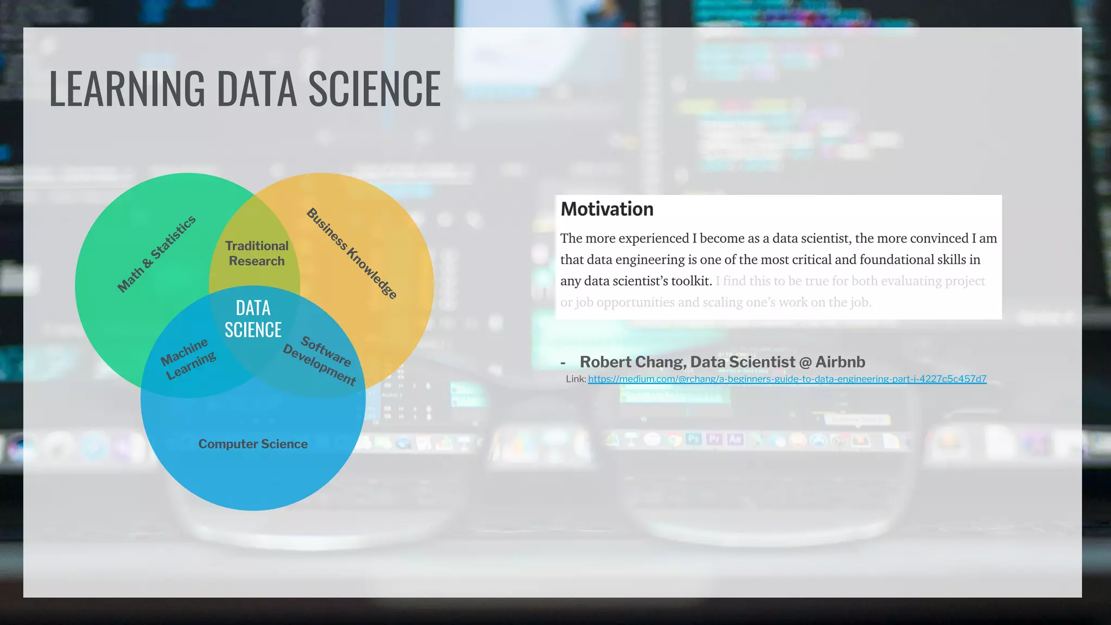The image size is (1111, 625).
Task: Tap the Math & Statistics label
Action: click(x=157, y=254)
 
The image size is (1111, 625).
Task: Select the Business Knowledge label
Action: click(x=352, y=253)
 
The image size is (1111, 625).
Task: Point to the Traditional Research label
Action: click(x=257, y=253)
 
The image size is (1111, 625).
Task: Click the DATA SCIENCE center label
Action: click(x=253, y=319)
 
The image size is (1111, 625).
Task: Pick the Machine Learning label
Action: click(x=188, y=359)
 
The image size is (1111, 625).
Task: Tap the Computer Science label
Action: click(x=253, y=444)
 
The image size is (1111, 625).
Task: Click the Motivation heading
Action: click(x=606, y=209)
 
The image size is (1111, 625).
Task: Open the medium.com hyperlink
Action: click(x=787, y=379)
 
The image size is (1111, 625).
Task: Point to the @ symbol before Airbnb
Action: click(x=805, y=362)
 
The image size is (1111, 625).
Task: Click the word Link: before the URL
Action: click(x=576, y=379)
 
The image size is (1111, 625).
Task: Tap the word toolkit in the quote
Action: click(x=691, y=281)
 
